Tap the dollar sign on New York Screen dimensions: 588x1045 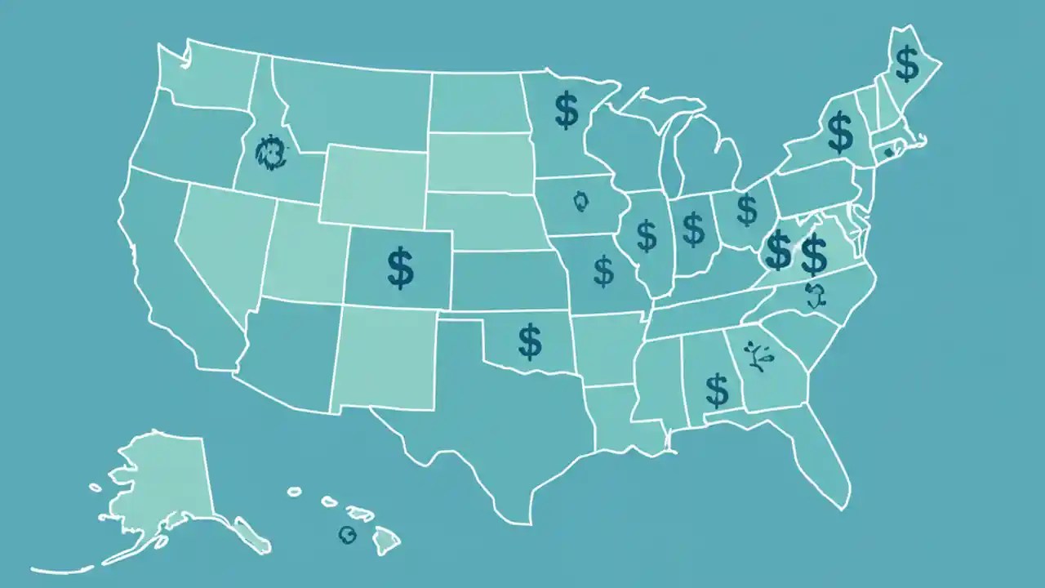(x=839, y=133)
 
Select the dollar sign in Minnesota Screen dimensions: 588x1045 (x=567, y=111)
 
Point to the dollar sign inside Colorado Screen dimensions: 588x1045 (x=400, y=269)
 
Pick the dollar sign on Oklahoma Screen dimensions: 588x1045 (x=530, y=342)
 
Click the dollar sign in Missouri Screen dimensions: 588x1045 (x=603, y=271)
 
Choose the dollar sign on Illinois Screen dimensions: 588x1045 (x=647, y=235)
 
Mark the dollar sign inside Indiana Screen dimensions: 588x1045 (x=693, y=229)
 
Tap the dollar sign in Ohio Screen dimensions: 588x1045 (x=746, y=209)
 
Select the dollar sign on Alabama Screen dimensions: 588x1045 (x=717, y=390)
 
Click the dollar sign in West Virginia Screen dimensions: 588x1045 (x=778, y=251)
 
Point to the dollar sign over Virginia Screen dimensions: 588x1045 (x=814, y=254)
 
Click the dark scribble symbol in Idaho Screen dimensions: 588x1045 (x=270, y=152)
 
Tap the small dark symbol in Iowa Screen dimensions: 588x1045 (x=580, y=201)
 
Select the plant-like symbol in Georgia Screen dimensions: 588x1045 (x=758, y=357)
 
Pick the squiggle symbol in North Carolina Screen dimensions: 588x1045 (x=815, y=295)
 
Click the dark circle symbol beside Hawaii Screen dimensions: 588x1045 (x=348, y=535)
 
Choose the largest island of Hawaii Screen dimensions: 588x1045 (x=385, y=537)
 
